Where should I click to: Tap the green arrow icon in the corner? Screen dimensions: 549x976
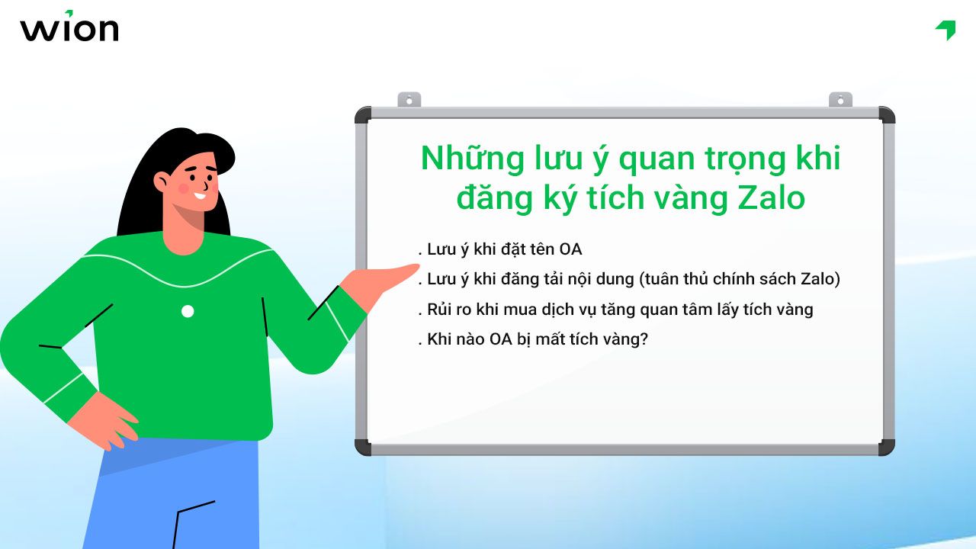pos(945,30)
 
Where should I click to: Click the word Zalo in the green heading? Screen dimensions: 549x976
pos(772,198)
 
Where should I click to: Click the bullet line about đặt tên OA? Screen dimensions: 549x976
pos(502,249)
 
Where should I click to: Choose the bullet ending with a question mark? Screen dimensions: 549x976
pos(534,339)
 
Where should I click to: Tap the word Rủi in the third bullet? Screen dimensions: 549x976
pos(441,309)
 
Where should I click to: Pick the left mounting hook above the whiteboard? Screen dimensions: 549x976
pos(409,100)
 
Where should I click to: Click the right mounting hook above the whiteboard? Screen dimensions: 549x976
pos(840,100)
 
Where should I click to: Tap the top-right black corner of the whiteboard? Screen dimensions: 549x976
pos(885,115)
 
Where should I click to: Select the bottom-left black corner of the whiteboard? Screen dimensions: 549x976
pos(364,447)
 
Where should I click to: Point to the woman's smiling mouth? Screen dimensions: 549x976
pos(200,195)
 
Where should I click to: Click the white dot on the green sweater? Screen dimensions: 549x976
pos(188,311)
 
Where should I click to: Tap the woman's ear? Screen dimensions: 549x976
pos(162,181)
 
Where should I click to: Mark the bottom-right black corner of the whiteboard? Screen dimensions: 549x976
pos(885,447)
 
